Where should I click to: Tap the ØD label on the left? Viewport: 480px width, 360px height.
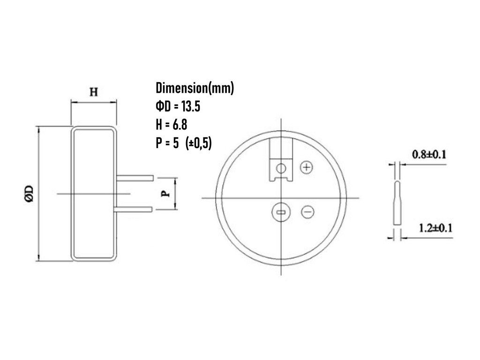[x=30, y=194]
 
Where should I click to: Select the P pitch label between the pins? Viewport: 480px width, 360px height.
[x=165, y=194]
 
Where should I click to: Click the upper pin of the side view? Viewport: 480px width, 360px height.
[x=135, y=178]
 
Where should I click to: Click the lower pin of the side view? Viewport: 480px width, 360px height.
[x=134, y=209]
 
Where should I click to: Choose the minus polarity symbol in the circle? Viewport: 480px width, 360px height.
[x=307, y=212]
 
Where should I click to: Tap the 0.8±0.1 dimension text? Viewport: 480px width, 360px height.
[x=428, y=154]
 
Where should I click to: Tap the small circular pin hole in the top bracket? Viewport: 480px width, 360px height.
[x=281, y=168]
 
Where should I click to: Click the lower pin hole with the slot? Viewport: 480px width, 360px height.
[x=281, y=212]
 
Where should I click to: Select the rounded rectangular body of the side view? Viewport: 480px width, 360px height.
[x=94, y=193]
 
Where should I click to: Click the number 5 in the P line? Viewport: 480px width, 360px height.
[x=175, y=143]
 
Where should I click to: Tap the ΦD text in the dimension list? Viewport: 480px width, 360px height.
[x=162, y=106]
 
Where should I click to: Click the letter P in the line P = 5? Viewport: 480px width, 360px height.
[x=159, y=143]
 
